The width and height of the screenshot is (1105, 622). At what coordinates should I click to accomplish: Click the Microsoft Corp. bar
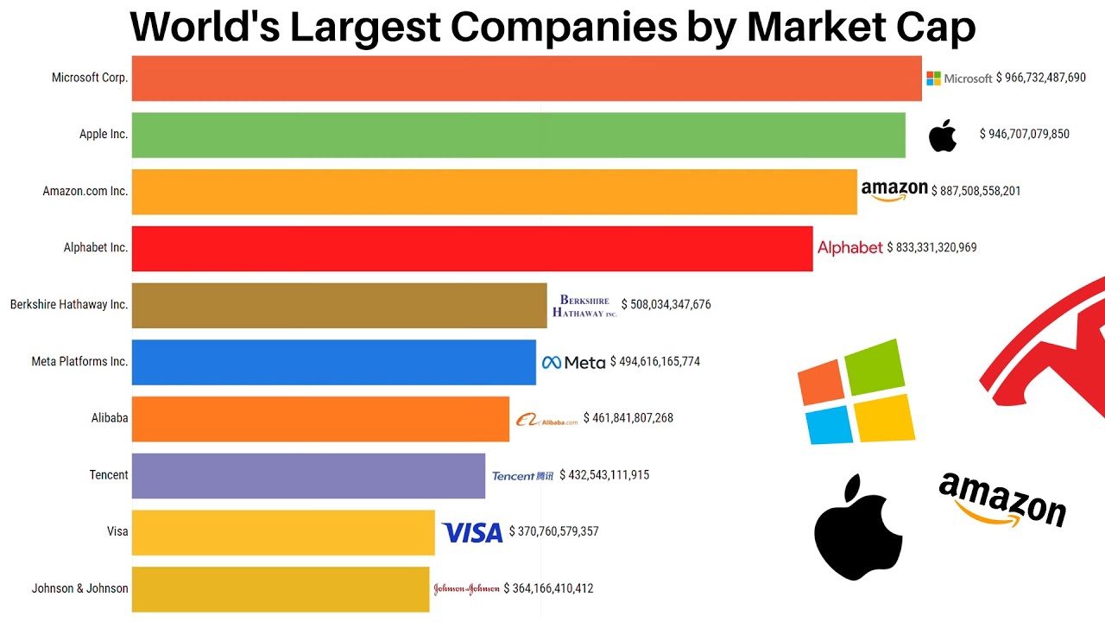click(x=527, y=78)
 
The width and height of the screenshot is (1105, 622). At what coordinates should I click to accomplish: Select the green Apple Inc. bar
click(x=518, y=135)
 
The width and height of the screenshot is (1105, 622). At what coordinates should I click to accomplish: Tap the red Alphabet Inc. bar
click(x=471, y=248)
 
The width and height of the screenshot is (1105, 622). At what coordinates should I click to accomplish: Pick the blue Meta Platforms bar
click(x=333, y=362)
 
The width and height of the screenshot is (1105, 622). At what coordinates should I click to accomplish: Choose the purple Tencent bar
click(x=308, y=475)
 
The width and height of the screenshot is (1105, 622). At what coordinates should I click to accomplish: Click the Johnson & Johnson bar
click(x=280, y=589)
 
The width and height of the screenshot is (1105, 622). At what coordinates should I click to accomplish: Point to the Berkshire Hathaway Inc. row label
click(x=69, y=304)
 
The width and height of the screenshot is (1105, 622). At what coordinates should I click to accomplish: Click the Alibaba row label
click(x=110, y=418)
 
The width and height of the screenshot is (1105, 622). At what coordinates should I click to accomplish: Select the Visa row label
click(x=117, y=531)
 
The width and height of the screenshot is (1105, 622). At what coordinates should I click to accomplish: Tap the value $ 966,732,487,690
click(x=1040, y=78)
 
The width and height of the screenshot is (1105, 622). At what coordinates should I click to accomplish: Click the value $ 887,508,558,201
click(x=976, y=191)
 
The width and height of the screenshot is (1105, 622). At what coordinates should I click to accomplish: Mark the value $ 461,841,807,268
click(x=628, y=418)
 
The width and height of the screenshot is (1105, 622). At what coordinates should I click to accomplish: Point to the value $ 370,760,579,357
click(x=553, y=531)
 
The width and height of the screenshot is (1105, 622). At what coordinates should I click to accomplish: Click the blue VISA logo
click(x=471, y=532)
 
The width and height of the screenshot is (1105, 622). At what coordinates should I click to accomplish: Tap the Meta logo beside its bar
click(x=573, y=362)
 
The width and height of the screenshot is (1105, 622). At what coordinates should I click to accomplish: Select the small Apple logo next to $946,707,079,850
click(x=943, y=136)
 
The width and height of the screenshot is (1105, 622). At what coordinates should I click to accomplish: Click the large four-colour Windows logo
click(x=856, y=392)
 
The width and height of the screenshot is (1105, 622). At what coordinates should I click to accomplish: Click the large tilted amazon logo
click(x=1002, y=500)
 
